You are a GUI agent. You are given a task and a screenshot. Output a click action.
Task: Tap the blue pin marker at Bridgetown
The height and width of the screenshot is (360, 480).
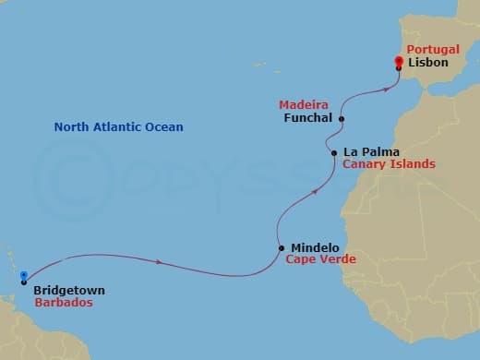24,276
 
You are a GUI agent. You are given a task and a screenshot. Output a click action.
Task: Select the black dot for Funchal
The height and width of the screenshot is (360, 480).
342,119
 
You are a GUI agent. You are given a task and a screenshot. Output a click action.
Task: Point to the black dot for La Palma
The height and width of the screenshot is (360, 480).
334,151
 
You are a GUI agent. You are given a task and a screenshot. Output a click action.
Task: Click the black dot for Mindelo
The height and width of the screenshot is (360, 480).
281,247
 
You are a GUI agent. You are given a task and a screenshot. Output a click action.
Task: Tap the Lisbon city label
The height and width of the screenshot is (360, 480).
427,63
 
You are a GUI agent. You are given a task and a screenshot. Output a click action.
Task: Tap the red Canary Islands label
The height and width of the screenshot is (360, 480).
388,164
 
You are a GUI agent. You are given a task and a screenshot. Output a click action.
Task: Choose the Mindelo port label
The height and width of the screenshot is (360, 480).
315,247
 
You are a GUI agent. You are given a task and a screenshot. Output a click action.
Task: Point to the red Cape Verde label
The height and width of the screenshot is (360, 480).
320,260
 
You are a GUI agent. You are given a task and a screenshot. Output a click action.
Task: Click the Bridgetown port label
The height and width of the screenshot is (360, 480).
68,291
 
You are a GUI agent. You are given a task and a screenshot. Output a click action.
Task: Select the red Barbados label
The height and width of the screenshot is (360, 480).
65,303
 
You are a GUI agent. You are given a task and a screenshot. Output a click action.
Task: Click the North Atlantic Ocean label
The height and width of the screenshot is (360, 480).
118,127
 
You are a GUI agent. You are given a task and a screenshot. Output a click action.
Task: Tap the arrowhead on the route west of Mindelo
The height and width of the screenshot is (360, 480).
161,262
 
